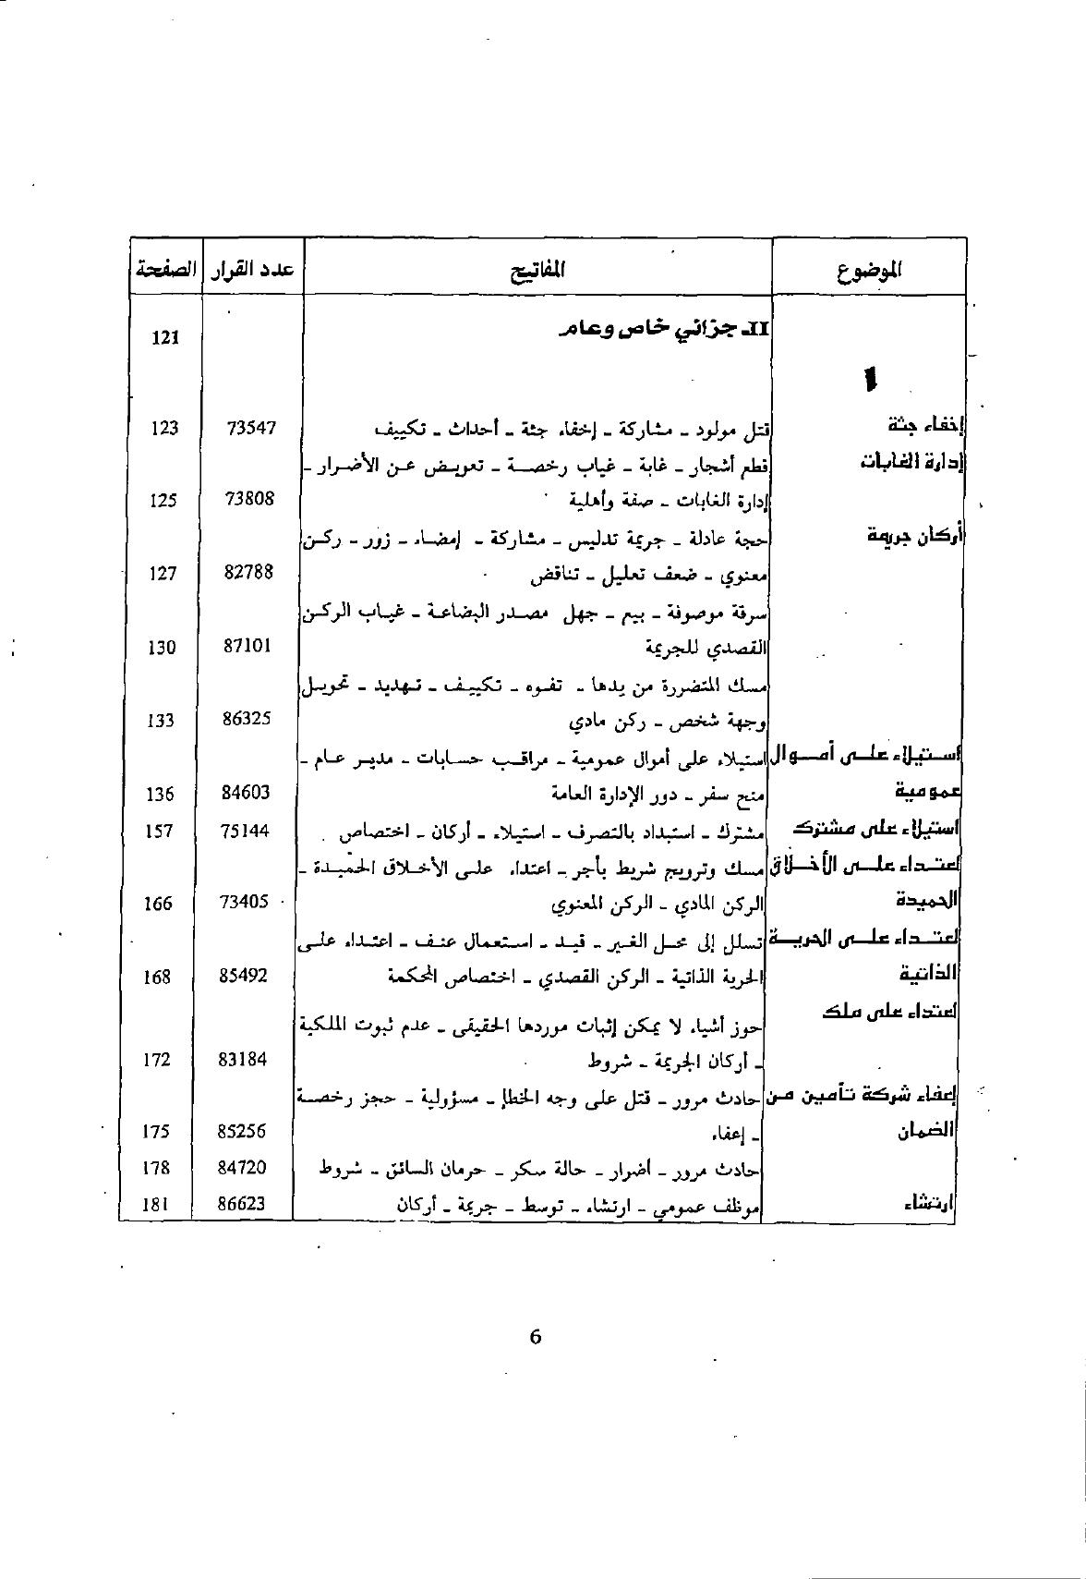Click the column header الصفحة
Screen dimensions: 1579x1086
tap(165, 270)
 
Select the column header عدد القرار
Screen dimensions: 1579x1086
tap(252, 270)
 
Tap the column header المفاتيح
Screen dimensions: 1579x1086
tap(537, 270)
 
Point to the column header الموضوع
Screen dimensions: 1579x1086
tap(870, 270)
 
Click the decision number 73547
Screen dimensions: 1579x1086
tap(250, 428)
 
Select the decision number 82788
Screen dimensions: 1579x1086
tap(249, 572)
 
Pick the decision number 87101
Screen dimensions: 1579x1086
tap(248, 646)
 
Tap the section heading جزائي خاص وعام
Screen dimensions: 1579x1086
tap(665, 329)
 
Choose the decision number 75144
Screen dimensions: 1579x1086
tap(246, 831)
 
